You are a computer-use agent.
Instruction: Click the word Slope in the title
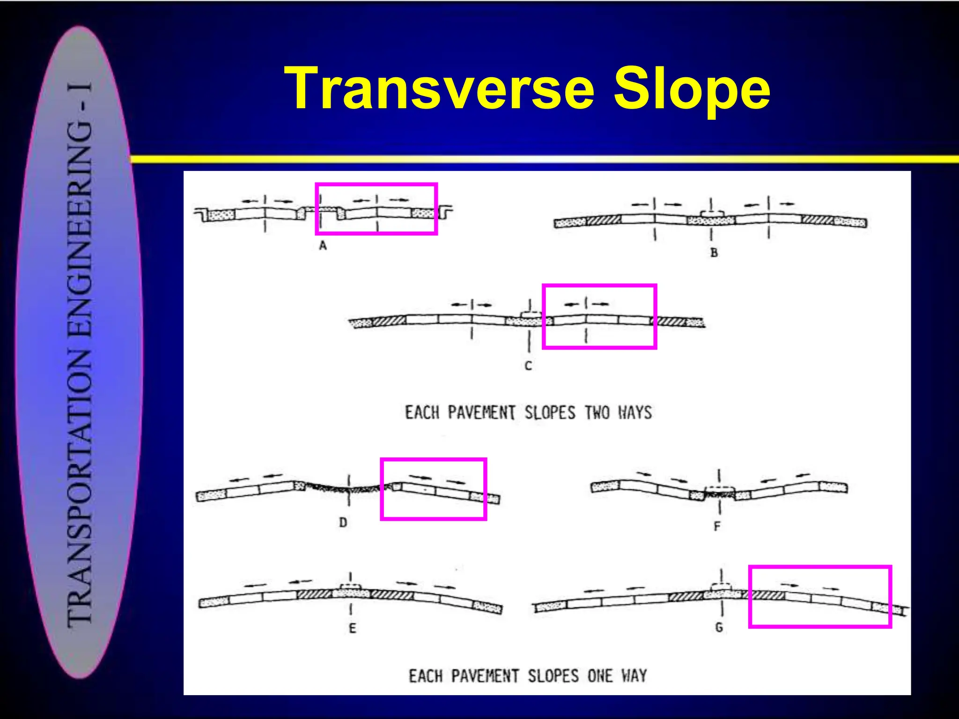(692, 89)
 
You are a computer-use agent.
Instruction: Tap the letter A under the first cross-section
(323, 245)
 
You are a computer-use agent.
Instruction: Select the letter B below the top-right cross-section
(714, 253)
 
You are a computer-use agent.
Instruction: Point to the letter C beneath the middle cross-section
(528, 366)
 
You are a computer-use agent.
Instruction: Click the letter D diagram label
(343, 522)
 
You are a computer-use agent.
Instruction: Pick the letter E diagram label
(353, 628)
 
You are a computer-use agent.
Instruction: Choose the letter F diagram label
(717, 527)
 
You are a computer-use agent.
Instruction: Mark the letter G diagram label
(719, 627)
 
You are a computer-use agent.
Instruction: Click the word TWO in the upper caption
(597, 413)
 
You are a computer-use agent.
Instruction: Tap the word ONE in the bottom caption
(600, 676)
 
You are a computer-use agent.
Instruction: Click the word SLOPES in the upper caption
(550, 413)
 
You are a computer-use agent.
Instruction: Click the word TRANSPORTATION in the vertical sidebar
(80, 487)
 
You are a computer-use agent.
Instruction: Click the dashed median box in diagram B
(711, 214)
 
